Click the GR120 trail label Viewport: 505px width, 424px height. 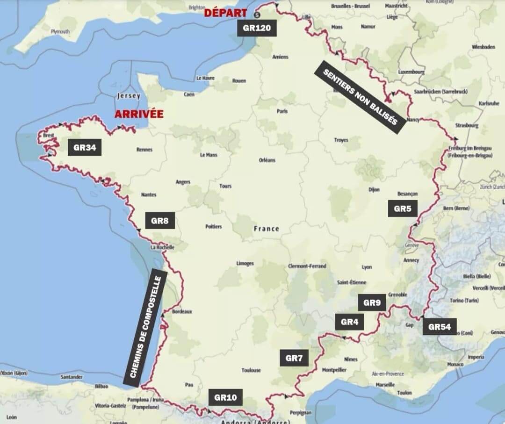257,28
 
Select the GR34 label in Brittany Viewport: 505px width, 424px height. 85,148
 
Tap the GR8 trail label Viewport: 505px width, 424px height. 160,221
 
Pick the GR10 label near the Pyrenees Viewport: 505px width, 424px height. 225,398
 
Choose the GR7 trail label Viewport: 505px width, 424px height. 295,358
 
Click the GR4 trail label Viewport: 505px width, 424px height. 349,322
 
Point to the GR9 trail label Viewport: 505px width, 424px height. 372,302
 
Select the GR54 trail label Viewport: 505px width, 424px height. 440,326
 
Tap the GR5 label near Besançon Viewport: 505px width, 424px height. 402,208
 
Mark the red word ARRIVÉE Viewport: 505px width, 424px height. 139,114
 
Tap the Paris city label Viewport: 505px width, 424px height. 282,111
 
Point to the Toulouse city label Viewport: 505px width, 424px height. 251,370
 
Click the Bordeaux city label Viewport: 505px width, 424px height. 182,311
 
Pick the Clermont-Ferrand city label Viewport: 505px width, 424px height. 307,266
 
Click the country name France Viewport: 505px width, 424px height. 266,229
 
